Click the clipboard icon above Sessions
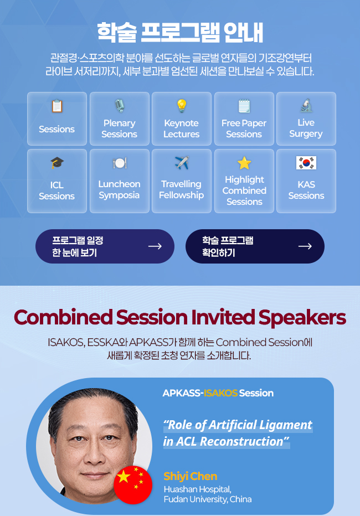[57, 106]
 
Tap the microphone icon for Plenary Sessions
[120, 106]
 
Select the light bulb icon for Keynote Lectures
[182, 106]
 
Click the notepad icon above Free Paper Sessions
[244, 106]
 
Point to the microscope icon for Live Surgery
[306, 105]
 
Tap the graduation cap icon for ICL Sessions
[57, 163]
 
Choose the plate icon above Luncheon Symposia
[120, 163]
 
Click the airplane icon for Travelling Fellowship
[182, 163]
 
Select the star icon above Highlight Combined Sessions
[244, 163]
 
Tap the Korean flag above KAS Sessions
[306, 163]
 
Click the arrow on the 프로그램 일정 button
[155, 246]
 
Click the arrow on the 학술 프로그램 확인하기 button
[305, 246]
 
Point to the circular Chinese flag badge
[133, 485]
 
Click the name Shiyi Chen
[191, 476]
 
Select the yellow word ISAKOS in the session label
[220, 393]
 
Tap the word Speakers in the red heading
[302, 318]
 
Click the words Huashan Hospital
[197, 489]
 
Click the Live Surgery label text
[306, 128]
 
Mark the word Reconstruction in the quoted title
[241, 442]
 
